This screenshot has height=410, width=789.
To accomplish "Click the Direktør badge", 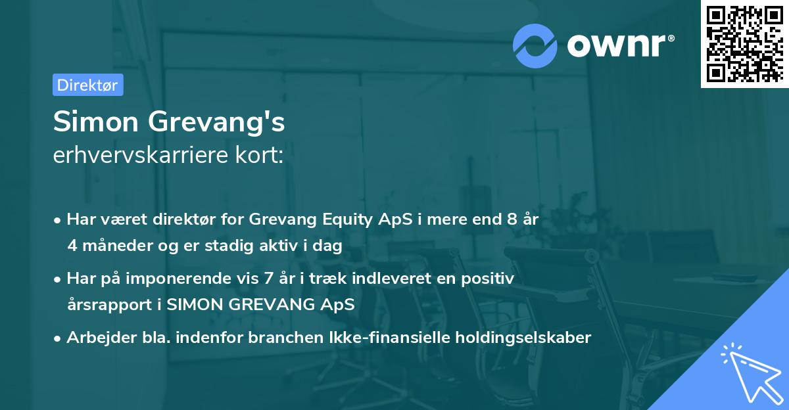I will pyautogui.click(x=87, y=85).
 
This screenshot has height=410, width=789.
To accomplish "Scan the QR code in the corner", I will pyautogui.click(x=744, y=43).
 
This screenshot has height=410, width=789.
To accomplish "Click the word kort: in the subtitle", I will pyautogui.click(x=262, y=156).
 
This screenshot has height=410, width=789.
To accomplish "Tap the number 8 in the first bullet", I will pyautogui.click(x=512, y=219).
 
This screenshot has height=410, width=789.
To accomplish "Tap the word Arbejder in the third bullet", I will pyautogui.click(x=97, y=338).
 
